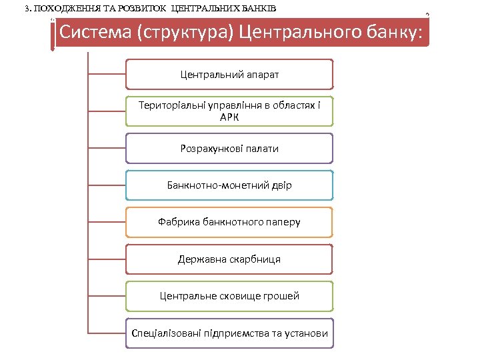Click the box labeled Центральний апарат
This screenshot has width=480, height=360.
(x=229, y=74)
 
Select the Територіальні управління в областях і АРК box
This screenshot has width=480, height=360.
(x=229, y=111)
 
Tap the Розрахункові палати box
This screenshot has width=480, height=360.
(x=229, y=148)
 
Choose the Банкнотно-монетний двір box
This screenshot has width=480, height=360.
(x=229, y=185)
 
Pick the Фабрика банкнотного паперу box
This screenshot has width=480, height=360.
(x=229, y=221)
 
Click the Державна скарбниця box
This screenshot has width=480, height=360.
(x=229, y=259)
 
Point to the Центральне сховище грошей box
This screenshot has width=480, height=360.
(x=229, y=295)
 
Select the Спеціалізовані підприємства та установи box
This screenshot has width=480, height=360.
(x=229, y=333)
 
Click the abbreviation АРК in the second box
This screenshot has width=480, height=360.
(x=229, y=117)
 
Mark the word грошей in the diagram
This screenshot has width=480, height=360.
(x=281, y=295)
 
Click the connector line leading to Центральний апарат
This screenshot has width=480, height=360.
(x=107, y=74)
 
